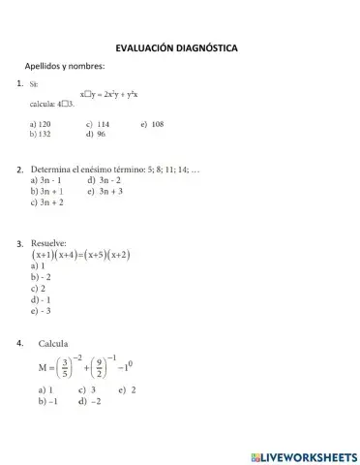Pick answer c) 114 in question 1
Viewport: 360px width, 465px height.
tap(97, 124)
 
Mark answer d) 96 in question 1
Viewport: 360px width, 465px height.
tap(95, 135)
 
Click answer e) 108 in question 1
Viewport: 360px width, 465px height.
tap(152, 124)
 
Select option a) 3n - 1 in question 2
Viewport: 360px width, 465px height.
tap(46, 181)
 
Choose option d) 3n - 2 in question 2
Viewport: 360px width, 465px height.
tap(104, 181)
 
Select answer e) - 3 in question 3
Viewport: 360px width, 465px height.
tap(41, 311)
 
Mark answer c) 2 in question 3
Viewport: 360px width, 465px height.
tap(39, 288)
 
